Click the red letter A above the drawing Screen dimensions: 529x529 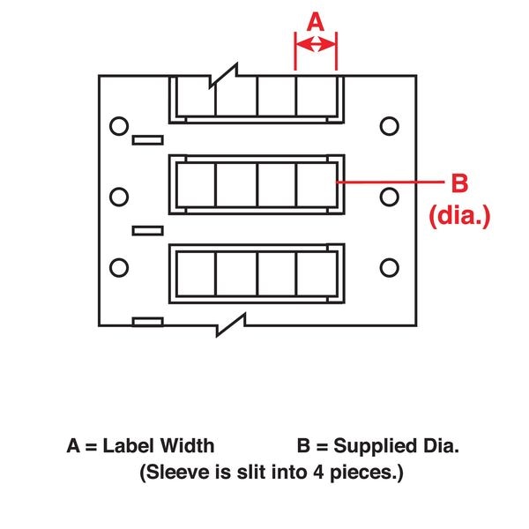tap(316, 23)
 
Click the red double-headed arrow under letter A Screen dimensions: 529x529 tap(316, 47)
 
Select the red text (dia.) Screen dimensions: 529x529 tap(458, 214)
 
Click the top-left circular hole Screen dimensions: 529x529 tap(117, 126)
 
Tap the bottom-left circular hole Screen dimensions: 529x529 tap(117, 265)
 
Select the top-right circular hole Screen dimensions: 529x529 tap(388, 126)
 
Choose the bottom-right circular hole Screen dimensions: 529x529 tap(388, 265)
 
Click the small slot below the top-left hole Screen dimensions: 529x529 tap(146, 139)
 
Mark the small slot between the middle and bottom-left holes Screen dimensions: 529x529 tap(146, 231)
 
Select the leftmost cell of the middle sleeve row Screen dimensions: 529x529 tap(197, 183)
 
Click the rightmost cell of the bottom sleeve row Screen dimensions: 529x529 tap(315, 274)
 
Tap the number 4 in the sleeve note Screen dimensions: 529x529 tap(302, 473)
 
